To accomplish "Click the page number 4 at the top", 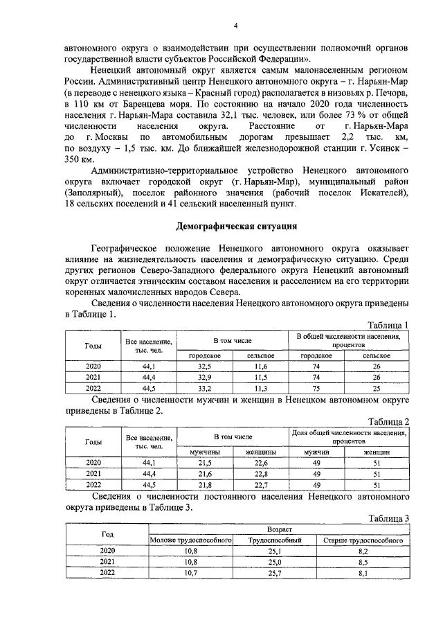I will point(235,26).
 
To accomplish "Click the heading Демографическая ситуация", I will point(237,227).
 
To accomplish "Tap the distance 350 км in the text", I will point(78,160).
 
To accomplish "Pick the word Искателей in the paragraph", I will point(378,193).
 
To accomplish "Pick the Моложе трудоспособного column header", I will point(191,540).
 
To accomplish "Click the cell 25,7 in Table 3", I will point(273,573).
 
